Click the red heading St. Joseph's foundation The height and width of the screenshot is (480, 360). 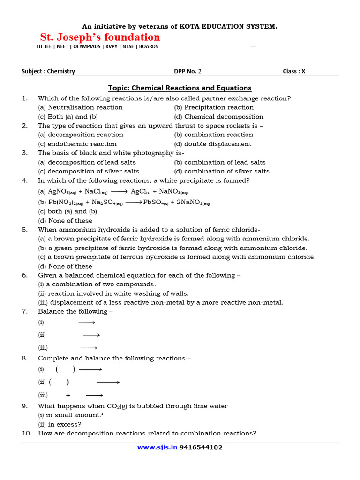click(x=99, y=37)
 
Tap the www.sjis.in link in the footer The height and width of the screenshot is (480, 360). click(x=157, y=447)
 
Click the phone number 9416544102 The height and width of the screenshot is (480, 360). click(x=201, y=447)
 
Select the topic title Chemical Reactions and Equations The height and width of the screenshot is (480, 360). click(x=180, y=88)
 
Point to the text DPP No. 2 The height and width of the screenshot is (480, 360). click(x=187, y=71)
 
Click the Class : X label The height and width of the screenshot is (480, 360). click(x=294, y=71)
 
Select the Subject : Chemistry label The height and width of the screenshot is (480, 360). click(x=48, y=71)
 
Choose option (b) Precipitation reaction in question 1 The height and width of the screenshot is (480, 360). click(x=214, y=107)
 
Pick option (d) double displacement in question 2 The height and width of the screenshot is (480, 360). click(x=212, y=144)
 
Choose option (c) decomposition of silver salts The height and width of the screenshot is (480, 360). click(x=89, y=171)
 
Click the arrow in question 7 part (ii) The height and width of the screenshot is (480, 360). click(x=92, y=335)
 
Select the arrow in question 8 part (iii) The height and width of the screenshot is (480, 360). click(x=94, y=395)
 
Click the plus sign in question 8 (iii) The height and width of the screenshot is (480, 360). click(x=68, y=395)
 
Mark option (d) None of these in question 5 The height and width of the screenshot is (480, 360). click(x=65, y=266)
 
